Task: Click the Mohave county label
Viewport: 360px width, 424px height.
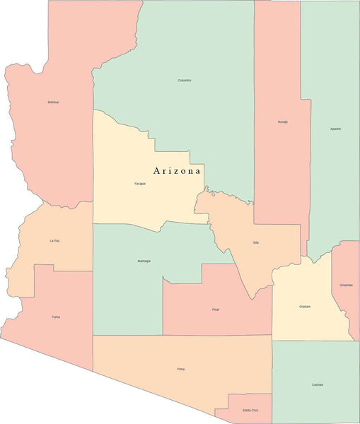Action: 53,102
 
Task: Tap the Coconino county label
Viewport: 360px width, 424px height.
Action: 184,80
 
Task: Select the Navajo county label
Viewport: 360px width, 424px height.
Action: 282,122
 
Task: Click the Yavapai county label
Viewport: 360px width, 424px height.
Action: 140,184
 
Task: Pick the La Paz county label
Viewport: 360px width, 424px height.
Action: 54,240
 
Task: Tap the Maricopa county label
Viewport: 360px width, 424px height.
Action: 144,261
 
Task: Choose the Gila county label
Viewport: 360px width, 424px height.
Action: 255,242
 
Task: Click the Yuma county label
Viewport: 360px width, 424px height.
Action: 55,317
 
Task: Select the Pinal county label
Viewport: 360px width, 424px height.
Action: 216,310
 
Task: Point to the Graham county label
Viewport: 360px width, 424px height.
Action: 305,306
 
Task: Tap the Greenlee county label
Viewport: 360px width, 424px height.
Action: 346,285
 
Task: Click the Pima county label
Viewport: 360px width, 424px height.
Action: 180,369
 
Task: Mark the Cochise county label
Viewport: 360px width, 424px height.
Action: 317,384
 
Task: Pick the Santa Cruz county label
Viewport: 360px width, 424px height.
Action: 250,410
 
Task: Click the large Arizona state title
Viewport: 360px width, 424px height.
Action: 178,171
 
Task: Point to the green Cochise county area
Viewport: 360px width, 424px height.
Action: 315,367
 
